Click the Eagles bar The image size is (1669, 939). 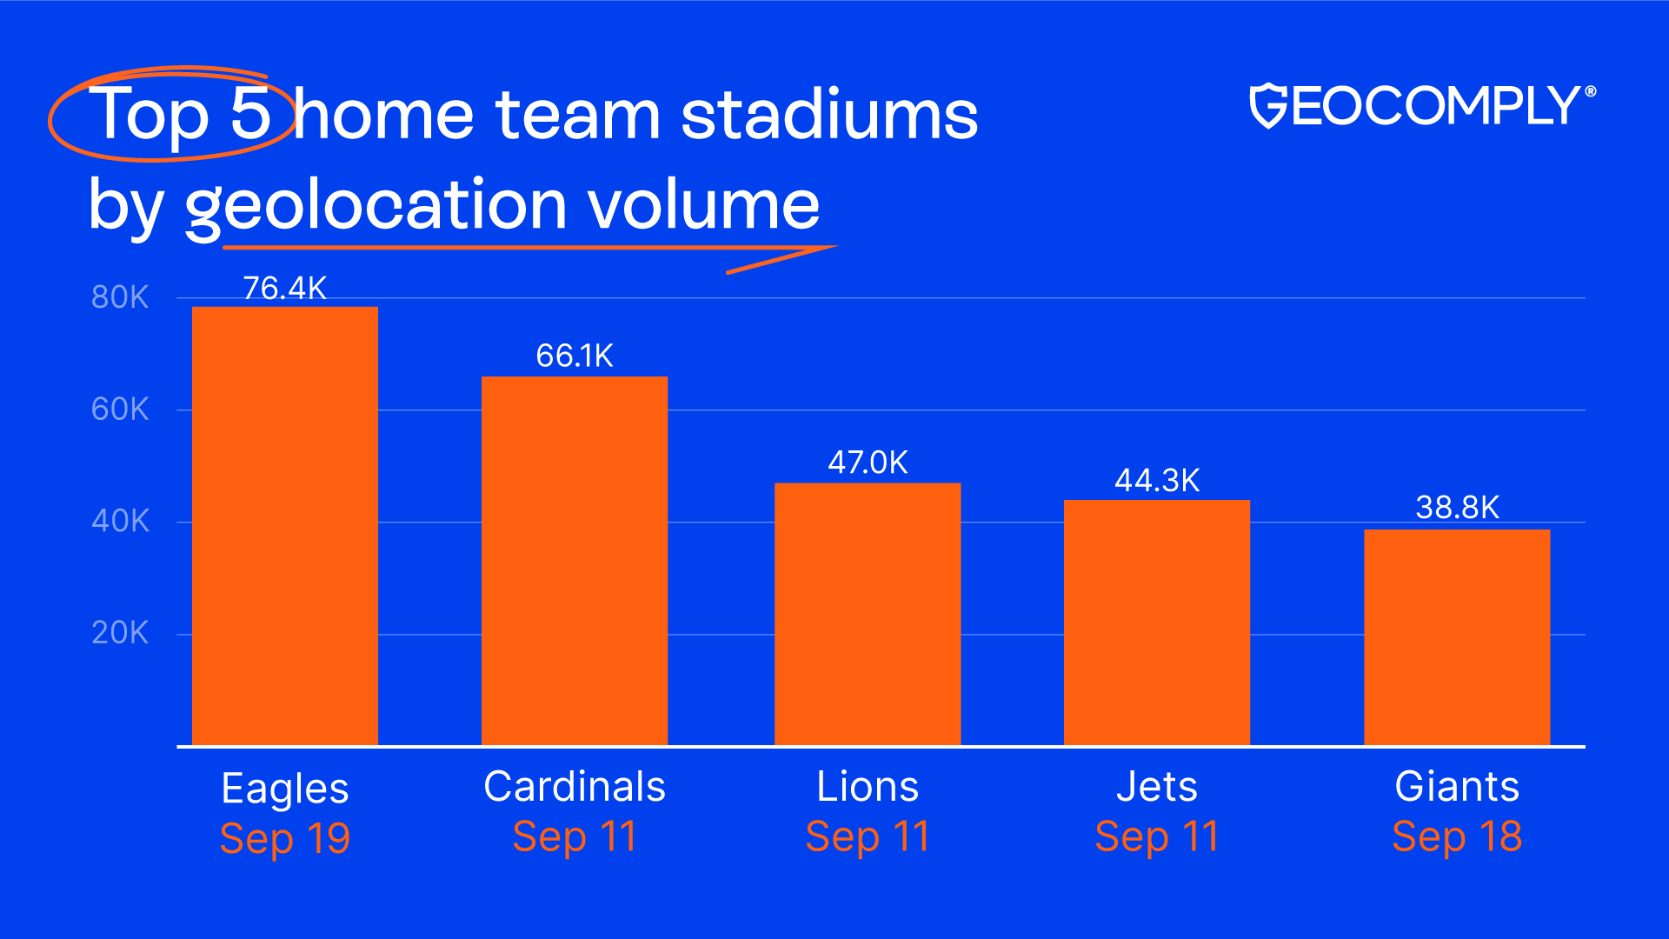click(x=285, y=526)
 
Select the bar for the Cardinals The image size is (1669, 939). click(x=575, y=561)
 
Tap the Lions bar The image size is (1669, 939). click(x=868, y=614)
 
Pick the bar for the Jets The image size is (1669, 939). click(x=1157, y=623)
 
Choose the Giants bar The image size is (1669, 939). click(x=1457, y=637)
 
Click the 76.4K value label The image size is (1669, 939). click(x=285, y=288)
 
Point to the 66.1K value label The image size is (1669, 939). click(x=575, y=356)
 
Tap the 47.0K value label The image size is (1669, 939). click(x=868, y=462)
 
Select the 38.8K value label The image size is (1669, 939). click(x=1457, y=507)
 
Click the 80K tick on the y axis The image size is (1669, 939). click(x=120, y=297)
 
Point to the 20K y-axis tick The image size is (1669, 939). click(x=120, y=633)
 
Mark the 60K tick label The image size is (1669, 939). click(x=120, y=409)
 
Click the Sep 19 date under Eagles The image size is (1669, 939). click(x=285, y=839)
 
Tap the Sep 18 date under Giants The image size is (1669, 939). click(x=1457, y=837)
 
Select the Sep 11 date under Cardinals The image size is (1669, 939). click(x=575, y=837)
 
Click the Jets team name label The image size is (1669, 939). click(x=1157, y=787)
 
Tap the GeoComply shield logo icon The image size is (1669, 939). click(x=1267, y=106)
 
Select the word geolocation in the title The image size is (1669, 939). click(x=376, y=206)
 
